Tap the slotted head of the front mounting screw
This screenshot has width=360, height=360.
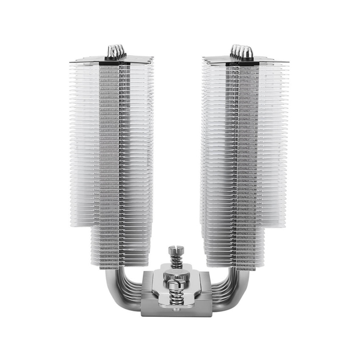click(x=175, y=286)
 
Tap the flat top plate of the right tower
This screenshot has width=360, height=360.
click(x=240, y=60)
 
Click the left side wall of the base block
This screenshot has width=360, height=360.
click(x=144, y=294)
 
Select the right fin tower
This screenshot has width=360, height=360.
click(x=243, y=150)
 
